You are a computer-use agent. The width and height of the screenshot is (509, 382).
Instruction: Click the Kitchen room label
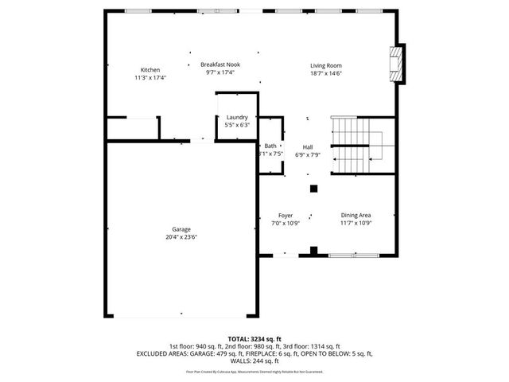[150, 69]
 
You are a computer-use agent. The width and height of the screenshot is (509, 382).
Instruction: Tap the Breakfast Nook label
[220, 64]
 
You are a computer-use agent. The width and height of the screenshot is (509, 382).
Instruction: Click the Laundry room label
[238, 117]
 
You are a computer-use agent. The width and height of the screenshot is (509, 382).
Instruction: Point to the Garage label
[181, 229]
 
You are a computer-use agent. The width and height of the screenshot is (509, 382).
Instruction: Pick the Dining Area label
[356, 215]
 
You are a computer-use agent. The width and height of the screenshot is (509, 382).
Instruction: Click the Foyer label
[286, 215]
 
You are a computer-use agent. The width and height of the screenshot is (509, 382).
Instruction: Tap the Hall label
[307, 146]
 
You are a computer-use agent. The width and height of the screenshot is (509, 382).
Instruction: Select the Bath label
[270, 146]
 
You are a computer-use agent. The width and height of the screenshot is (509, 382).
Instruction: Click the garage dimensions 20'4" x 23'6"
[181, 237]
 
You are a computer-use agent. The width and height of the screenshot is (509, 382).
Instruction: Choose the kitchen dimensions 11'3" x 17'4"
[150, 77]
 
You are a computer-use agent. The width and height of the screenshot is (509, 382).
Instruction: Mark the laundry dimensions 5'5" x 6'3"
[238, 125]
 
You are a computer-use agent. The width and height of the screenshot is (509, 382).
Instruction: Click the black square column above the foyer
[314, 189]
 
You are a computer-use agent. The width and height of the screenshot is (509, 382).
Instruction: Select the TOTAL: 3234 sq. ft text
[254, 338]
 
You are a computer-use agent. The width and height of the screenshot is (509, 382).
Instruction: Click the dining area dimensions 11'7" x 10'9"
[356, 223]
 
